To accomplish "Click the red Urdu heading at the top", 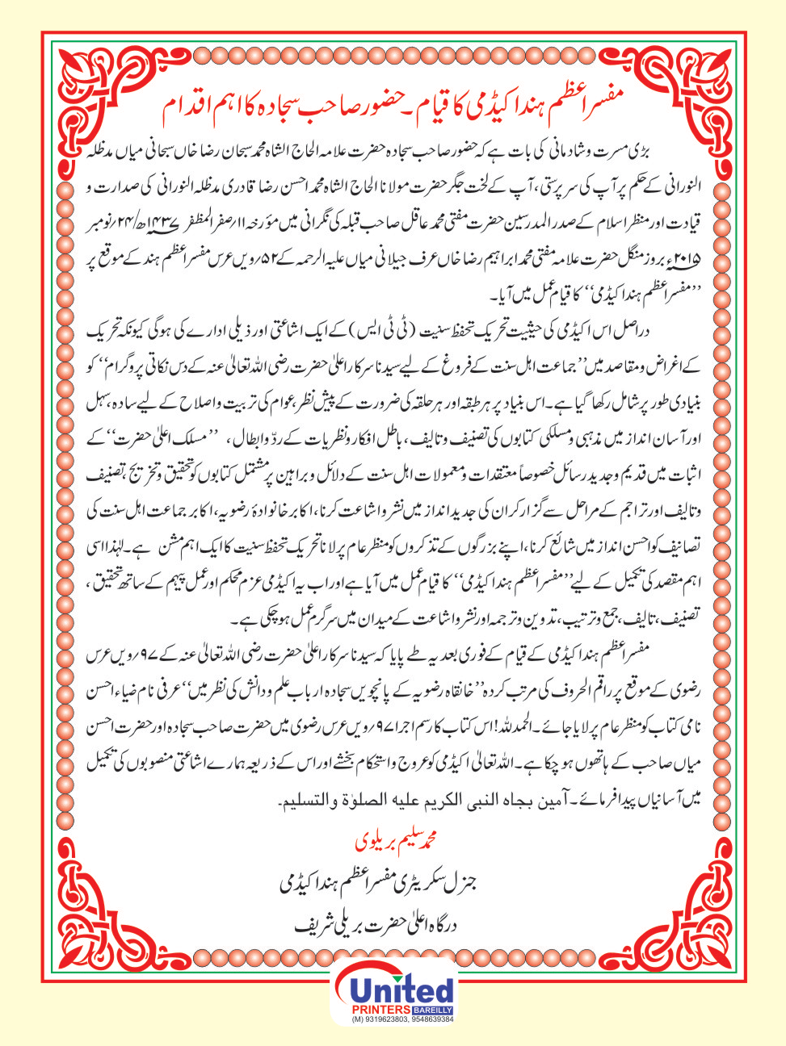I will coord(393,108).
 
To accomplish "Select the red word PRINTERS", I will coord(381,1010).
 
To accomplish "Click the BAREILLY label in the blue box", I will coord(432,1010).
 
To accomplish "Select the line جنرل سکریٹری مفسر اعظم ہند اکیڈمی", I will coord(393,882).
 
